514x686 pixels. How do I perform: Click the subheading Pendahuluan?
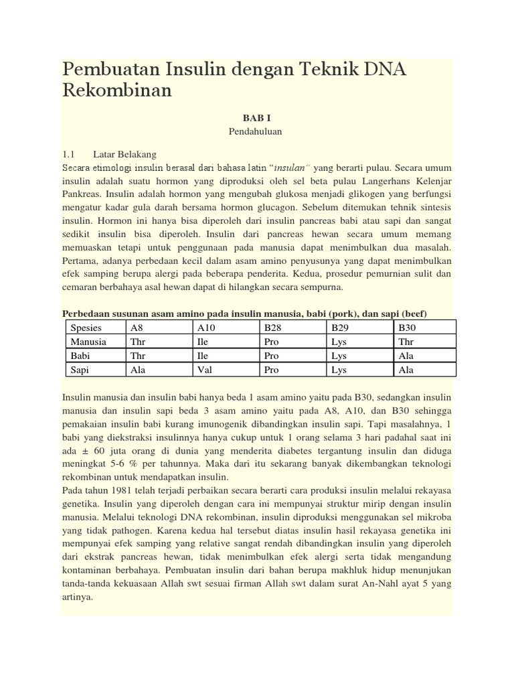(256, 132)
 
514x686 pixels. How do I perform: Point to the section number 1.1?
(69, 153)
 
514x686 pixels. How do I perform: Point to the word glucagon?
(274, 208)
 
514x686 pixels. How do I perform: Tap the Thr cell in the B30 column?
(406, 342)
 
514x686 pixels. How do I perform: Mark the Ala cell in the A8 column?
(138, 370)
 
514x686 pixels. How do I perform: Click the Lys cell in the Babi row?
(339, 356)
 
